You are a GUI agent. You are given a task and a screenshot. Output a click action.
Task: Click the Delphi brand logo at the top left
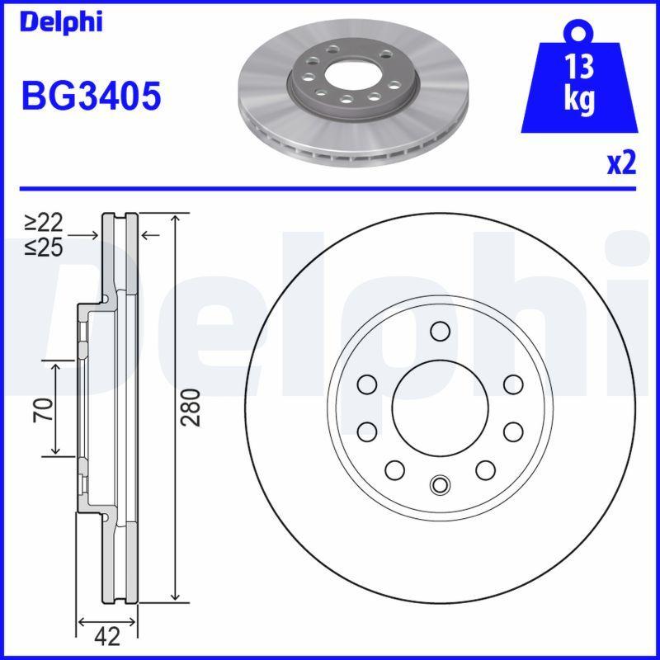tap(61, 21)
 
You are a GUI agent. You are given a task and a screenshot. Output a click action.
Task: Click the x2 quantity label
tap(620, 163)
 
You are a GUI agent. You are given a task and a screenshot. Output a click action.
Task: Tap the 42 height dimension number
tap(106, 636)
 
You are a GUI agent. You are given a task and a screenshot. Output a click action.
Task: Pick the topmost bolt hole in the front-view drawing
tap(439, 332)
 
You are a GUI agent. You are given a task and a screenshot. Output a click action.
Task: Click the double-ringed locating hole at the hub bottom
tap(439, 484)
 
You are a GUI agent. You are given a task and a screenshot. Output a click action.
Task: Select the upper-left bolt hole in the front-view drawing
tap(366, 384)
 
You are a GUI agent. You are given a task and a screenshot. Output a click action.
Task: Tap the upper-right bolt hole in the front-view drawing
tap(512, 384)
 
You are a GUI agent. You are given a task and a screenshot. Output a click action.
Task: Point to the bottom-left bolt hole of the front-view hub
tap(394, 469)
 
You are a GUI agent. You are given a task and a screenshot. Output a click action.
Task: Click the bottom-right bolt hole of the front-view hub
tap(484, 469)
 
